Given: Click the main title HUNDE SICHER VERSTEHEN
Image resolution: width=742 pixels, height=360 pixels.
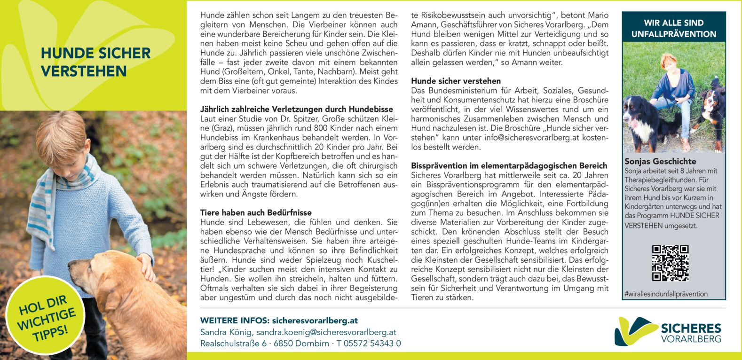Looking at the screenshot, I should [95, 62].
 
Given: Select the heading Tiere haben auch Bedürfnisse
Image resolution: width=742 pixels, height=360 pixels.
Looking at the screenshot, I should [256, 212].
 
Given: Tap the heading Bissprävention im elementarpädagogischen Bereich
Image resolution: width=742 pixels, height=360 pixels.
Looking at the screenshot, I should [509, 165].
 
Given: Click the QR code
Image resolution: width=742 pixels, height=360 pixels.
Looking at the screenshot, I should [670, 263].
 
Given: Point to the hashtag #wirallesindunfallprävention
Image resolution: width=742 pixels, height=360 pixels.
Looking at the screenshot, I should [666, 294].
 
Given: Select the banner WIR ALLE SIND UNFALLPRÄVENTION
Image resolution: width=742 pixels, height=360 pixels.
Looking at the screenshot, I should [673, 28].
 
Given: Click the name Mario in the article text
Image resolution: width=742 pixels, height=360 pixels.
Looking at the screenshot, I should [599, 16].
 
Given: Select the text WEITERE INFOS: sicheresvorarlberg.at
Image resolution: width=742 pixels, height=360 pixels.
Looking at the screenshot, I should [279, 321].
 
